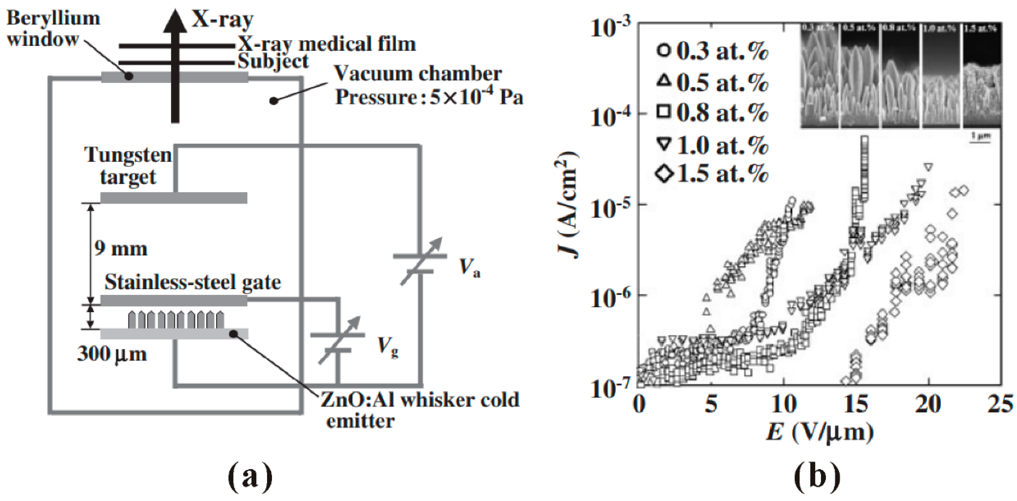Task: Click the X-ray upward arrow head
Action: (175, 22)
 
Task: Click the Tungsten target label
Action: (128, 165)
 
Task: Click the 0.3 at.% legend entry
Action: (713, 52)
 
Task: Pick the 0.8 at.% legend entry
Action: (713, 113)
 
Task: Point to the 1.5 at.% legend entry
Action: (713, 174)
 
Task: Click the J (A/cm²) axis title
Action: (569, 205)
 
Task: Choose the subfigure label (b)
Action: (817, 476)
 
